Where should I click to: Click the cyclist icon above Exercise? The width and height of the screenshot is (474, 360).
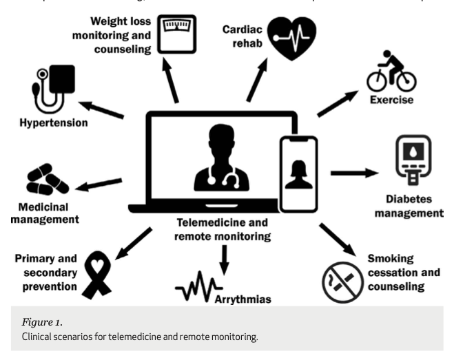click(x=391, y=72)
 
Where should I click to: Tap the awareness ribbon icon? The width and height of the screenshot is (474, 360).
click(x=97, y=273)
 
